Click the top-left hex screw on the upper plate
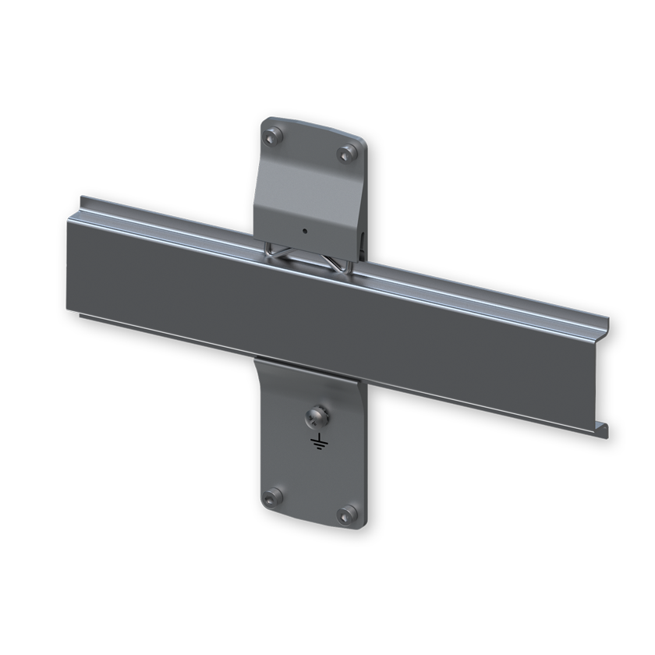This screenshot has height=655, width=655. click(272, 138)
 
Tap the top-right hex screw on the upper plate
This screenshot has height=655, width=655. click(347, 153)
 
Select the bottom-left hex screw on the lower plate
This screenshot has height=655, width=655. click(272, 497)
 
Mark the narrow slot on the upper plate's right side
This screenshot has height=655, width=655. click(363, 238)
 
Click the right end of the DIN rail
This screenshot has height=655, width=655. click(604, 374)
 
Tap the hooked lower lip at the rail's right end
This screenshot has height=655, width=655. click(603, 428)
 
